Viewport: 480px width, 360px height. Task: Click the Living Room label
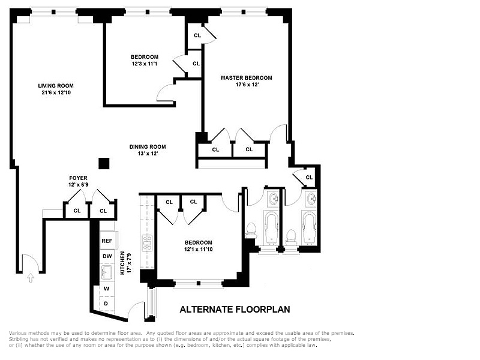[x=60, y=85]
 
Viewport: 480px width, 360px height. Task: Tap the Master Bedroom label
[x=246, y=77]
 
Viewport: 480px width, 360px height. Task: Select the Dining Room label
[x=148, y=146]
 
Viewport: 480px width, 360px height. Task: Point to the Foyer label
[x=79, y=178]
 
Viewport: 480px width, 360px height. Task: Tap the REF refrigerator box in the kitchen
[x=107, y=240]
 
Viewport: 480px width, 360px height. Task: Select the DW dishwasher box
[x=107, y=256]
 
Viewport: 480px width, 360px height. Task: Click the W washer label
[x=106, y=289]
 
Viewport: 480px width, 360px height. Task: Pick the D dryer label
[x=106, y=304]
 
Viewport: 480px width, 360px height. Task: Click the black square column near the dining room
[x=104, y=163]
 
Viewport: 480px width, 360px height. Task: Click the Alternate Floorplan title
[x=235, y=310]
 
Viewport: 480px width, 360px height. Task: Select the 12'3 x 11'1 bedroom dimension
[x=145, y=64]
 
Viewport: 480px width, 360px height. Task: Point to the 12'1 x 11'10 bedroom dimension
[x=198, y=249]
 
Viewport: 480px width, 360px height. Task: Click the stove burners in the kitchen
[x=146, y=242]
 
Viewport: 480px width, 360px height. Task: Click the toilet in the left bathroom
[x=251, y=230]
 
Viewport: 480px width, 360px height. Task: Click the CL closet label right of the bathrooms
[x=309, y=177]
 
